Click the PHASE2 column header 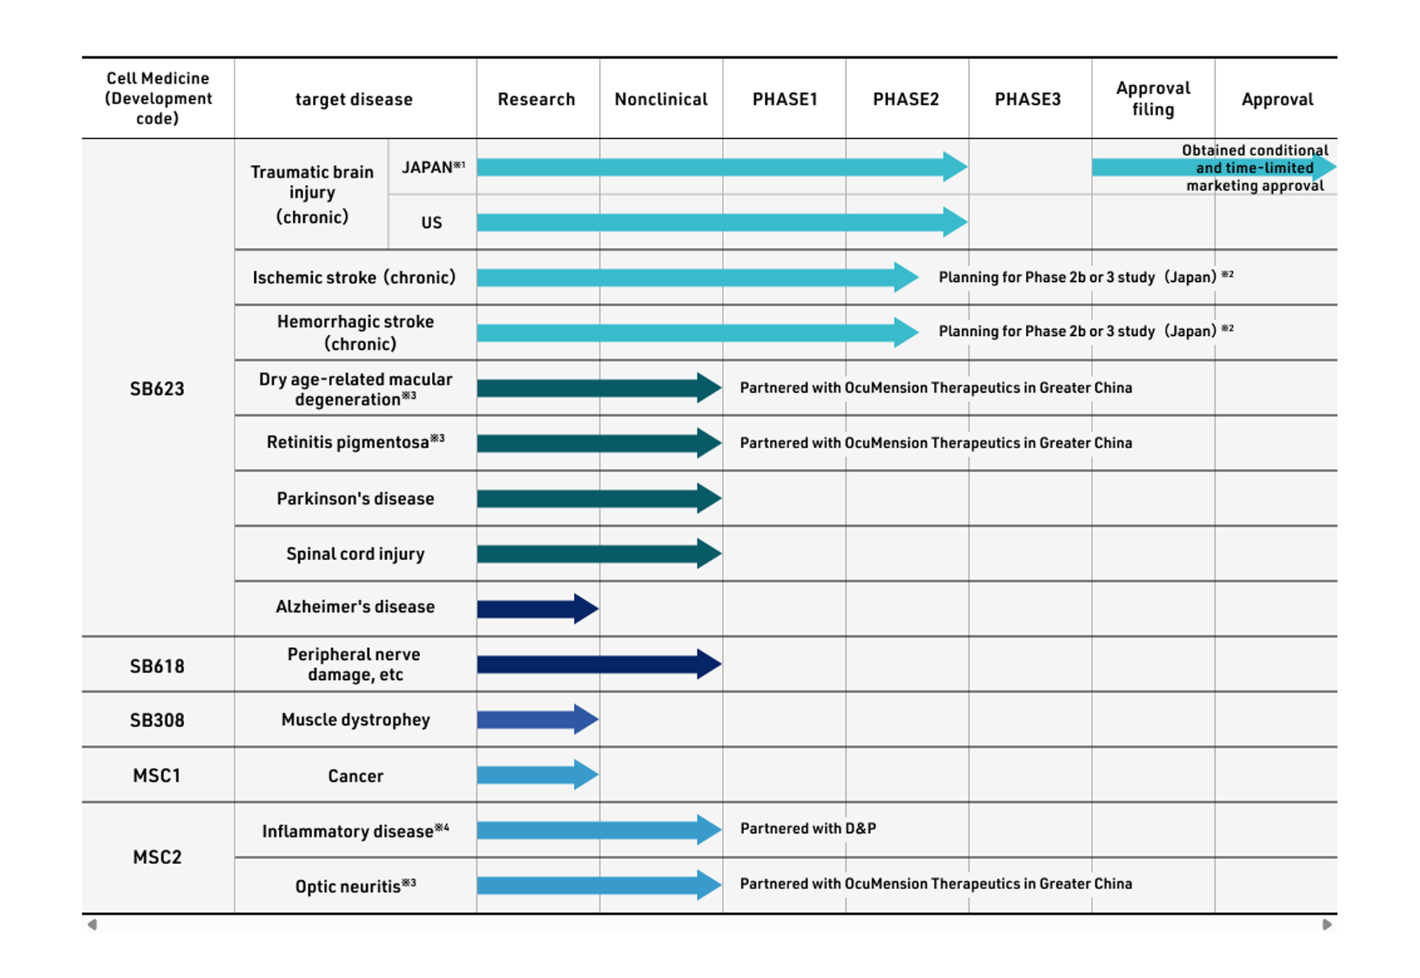pos(906,99)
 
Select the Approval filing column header pos(1153,98)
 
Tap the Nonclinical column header pos(661,99)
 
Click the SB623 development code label pos(157,388)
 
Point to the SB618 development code pos(157,666)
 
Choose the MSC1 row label pos(157,775)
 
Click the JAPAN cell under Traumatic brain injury pos(433,167)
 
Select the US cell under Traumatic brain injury pos(432,223)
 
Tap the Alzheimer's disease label pos(355,607)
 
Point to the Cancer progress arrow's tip pos(598,775)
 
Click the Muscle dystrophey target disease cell pos(356,720)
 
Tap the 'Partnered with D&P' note pos(808,829)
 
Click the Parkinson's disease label pos(355,499)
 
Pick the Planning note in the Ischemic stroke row pos(1086,277)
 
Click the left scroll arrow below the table pos(92,925)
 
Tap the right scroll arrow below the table pos(1328,925)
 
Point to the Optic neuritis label pos(356,886)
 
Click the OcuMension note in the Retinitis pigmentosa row pos(936,442)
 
